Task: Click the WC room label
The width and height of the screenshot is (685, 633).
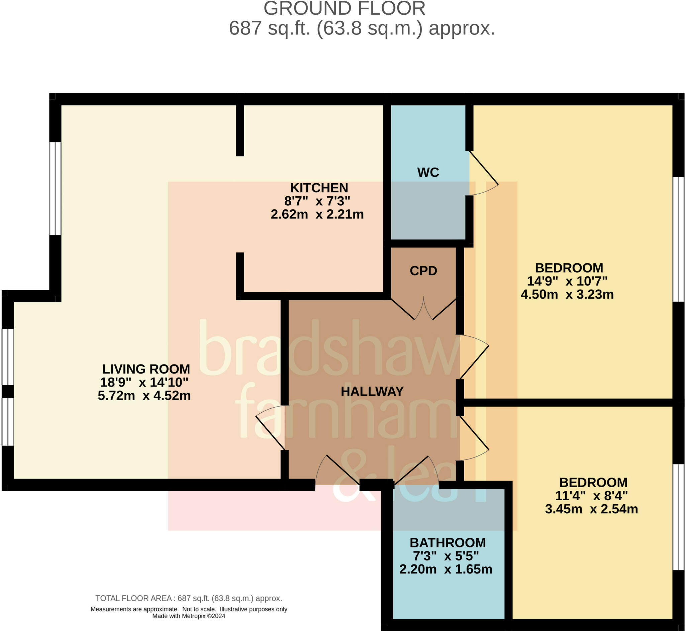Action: pyautogui.click(x=428, y=172)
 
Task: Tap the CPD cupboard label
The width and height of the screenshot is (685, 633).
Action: pyautogui.click(x=423, y=271)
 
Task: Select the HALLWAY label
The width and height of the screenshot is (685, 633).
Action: pyautogui.click(x=372, y=392)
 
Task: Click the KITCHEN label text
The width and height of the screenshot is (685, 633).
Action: pyautogui.click(x=319, y=188)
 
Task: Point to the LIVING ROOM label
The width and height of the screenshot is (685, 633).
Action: pyautogui.click(x=146, y=369)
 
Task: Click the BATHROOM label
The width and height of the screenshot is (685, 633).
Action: pyautogui.click(x=448, y=543)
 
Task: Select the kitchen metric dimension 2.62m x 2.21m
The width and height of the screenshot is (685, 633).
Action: pyautogui.click(x=317, y=214)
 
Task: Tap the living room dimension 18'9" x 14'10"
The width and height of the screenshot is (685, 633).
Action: pyautogui.click(x=144, y=382)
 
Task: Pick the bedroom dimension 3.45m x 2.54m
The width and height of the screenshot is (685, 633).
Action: pyautogui.click(x=591, y=509)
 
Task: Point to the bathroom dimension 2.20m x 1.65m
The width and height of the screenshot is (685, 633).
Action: pyautogui.click(x=446, y=569)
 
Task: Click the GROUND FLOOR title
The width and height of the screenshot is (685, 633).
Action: pyautogui.click(x=345, y=9)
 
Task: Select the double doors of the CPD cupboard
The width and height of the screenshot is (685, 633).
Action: pyautogui.click(x=423, y=309)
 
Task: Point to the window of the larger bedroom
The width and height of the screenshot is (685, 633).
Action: pyautogui.click(x=678, y=239)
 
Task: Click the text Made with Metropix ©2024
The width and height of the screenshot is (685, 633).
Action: pyautogui.click(x=189, y=616)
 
